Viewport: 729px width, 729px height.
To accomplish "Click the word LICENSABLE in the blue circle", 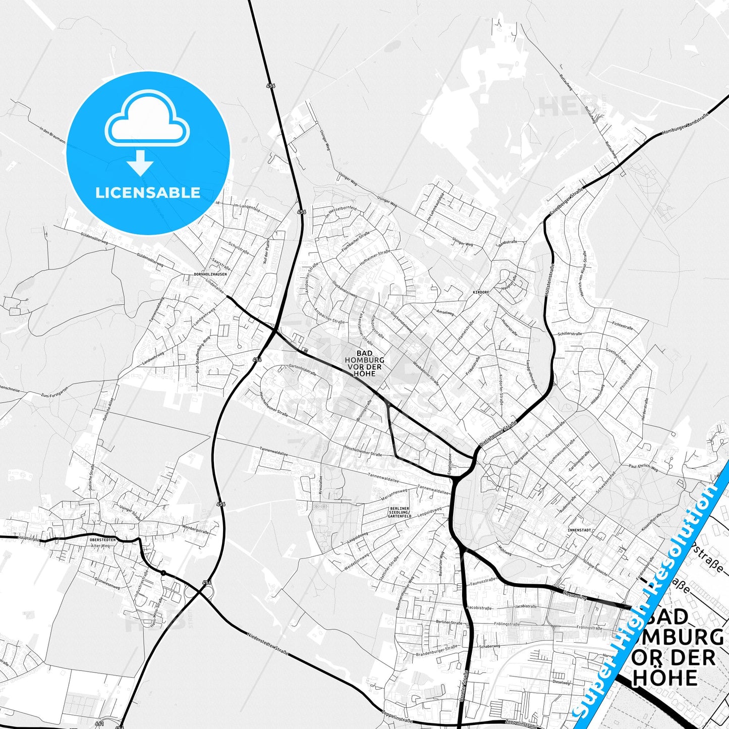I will pos(148,193).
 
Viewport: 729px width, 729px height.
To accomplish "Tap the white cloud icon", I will pos(147,121).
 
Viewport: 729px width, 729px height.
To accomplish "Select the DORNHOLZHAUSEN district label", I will pos(210,274).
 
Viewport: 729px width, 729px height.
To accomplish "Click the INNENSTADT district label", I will pos(579,531).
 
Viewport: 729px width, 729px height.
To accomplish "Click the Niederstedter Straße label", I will pos(267,642).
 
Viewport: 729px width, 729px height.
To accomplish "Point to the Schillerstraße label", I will pos(570,334).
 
